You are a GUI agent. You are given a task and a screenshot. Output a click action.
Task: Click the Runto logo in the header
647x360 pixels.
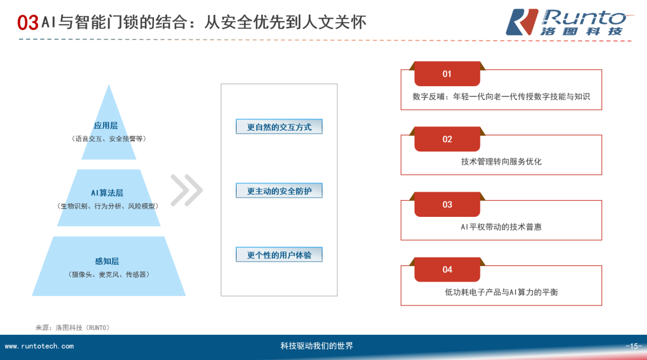pyautogui.click(x=566, y=22)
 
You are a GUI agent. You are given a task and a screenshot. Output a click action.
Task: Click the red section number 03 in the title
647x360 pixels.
pyautogui.click(x=28, y=23)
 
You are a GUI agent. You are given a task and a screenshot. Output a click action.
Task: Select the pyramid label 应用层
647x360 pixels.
pyautogui.click(x=106, y=126)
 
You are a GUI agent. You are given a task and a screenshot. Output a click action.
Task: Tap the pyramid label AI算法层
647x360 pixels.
pyautogui.click(x=107, y=193)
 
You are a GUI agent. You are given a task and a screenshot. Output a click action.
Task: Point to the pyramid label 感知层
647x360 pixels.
pyautogui.click(x=107, y=261)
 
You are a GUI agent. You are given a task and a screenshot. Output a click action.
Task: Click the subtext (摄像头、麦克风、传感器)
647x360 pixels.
pyautogui.click(x=108, y=274)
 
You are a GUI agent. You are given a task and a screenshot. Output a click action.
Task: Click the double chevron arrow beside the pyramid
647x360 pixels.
pyautogui.click(x=186, y=190)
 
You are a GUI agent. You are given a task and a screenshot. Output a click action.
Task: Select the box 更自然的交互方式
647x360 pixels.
pyautogui.click(x=279, y=127)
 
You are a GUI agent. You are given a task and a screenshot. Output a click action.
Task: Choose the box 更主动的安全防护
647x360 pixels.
pyautogui.click(x=279, y=191)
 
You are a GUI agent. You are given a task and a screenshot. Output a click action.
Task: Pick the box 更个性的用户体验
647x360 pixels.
pyautogui.click(x=279, y=255)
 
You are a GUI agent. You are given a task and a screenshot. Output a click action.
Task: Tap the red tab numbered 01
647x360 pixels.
pyautogui.click(x=447, y=74)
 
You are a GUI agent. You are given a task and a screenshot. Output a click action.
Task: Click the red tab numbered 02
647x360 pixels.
pyautogui.click(x=447, y=140)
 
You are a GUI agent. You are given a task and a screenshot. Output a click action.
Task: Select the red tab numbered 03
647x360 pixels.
pyautogui.click(x=447, y=205)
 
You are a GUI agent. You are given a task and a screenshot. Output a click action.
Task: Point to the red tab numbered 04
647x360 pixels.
pyautogui.click(x=447, y=270)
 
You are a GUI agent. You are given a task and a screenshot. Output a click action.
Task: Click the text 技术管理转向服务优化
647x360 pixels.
pyautogui.click(x=501, y=162)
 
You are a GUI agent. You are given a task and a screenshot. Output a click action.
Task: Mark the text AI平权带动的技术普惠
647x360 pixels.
pyautogui.click(x=501, y=227)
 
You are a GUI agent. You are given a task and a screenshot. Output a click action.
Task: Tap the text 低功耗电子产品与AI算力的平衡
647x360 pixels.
pyautogui.click(x=501, y=292)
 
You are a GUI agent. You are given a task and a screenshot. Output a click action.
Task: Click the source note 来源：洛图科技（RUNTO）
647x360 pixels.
pyautogui.click(x=73, y=328)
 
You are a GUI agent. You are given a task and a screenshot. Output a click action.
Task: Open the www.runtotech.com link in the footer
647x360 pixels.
pyautogui.click(x=40, y=346)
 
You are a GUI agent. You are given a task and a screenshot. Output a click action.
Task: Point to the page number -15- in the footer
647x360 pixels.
pyautogui.click(x=634, y=346)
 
